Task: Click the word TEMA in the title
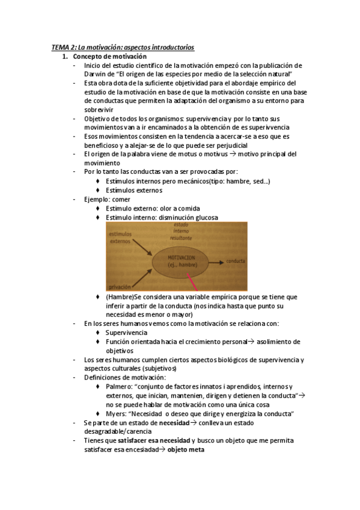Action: coord(60,47)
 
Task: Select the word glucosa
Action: coord(204,217)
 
